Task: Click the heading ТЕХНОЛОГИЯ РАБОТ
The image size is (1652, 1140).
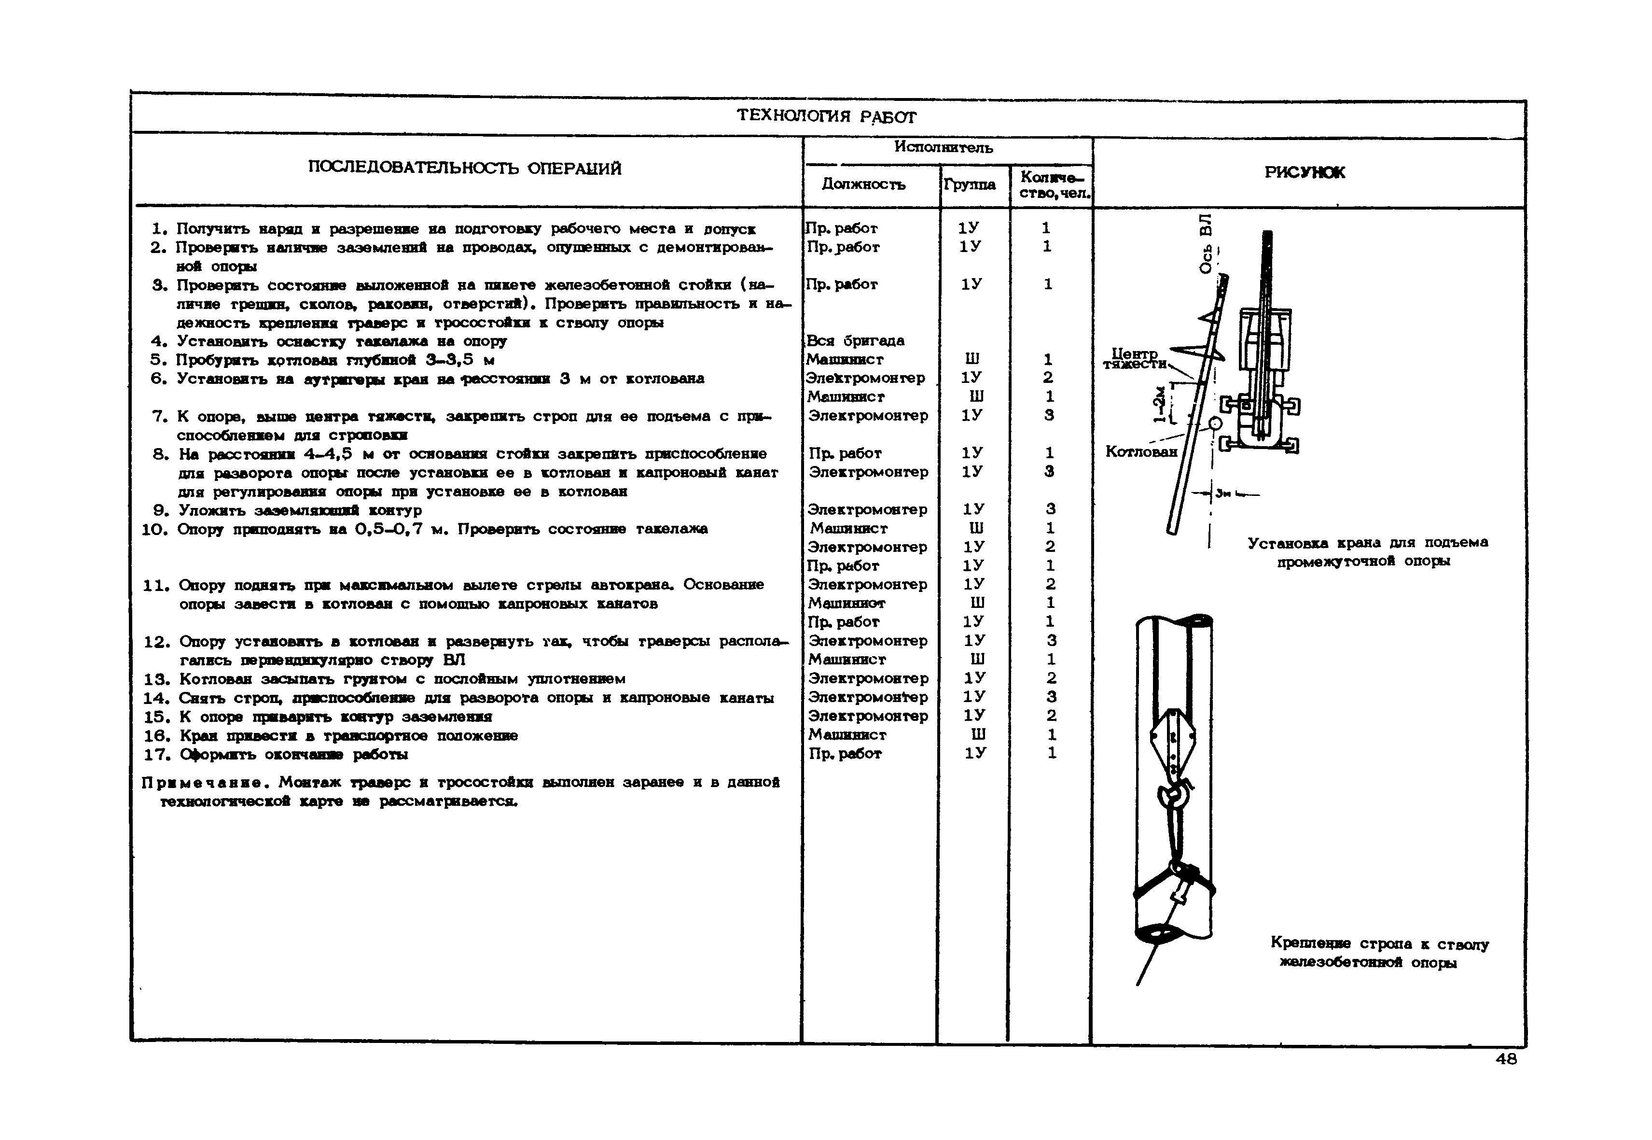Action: point(826,116)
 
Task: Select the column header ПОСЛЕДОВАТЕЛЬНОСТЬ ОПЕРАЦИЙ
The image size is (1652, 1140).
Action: point(465,169)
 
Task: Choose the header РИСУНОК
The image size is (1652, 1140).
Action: point(1305,172)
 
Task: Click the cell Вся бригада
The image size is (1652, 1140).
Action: point(855,341)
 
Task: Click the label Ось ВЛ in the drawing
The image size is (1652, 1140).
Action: point(1206,243)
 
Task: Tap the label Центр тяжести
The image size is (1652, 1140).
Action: point(1135,359)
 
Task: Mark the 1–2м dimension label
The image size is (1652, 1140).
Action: point(1160,406)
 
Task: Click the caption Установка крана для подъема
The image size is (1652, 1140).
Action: point(1367,543)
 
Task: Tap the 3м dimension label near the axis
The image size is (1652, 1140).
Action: point(1223,492)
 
